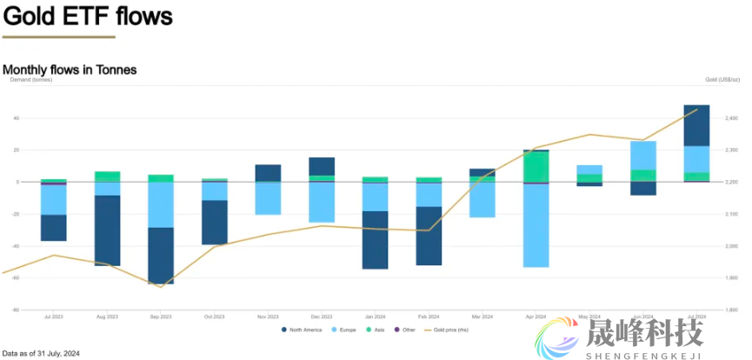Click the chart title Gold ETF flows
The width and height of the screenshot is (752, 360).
click(x=88, y=16)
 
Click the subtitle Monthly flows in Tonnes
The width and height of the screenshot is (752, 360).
click(x=70, y=69)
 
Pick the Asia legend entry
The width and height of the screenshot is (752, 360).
click(x=380, y=330)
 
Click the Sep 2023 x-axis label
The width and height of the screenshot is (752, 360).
click(x=161, y=317)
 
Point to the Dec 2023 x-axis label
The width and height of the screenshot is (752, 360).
click(x=322, y=317)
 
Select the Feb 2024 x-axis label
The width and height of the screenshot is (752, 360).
click(x=429, y=317)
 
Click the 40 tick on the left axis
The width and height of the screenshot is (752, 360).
click(x=17, y=118)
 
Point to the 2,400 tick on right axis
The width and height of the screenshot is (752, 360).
click(x=730, y=118)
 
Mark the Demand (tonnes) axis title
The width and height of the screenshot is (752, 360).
click(x=30, y=80)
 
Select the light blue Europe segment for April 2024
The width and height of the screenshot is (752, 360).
click(x=536, y=225)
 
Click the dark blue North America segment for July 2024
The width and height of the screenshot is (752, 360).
click(x=697, y=125)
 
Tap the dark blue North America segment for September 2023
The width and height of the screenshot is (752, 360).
click(x=161, y=256)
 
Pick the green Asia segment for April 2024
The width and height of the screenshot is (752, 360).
click(x=536, y=167)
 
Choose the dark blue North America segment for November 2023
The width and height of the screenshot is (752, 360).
click(x=268, y=173)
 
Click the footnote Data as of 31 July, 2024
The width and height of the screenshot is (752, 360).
click(x=41, y=353)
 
